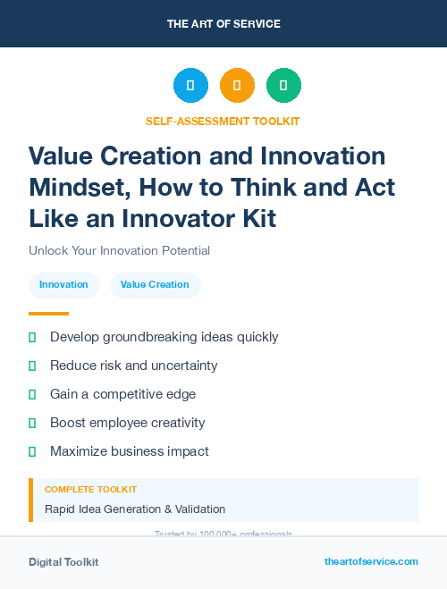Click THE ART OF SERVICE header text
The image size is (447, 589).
(223, 23)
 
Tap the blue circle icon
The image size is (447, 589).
(190, 86)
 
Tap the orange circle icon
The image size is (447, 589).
(237, 86)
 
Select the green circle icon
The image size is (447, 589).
(283, 86)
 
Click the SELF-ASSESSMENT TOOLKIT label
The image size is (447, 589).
(223, 121)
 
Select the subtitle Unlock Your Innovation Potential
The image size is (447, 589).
(119, 251)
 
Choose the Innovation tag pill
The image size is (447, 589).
(63, 285)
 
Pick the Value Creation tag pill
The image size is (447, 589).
(155, 285)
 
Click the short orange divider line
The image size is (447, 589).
(48, 314)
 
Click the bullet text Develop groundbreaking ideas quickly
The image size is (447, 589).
(164, 337)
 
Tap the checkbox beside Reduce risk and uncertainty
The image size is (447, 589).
(32, 366)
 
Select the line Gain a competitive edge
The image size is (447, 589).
(122, 394)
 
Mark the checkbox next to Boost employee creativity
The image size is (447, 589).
(32, 423)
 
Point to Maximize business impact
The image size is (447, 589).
(130, 451)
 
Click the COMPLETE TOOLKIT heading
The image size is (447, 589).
(90, 490)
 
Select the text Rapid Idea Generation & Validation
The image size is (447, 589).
(135, 509)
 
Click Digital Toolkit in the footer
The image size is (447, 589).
(63, 562)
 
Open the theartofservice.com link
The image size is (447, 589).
(371, 561)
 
